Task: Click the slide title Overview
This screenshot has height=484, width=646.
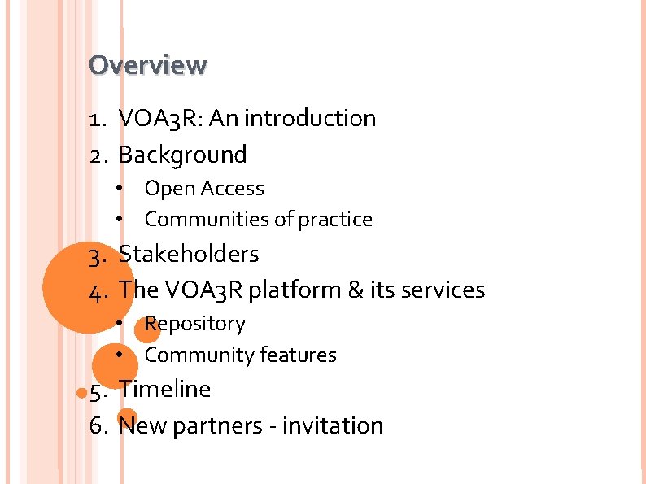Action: [148, 64]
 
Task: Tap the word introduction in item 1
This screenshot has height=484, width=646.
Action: [310, 119]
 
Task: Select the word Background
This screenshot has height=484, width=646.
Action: [182, 155]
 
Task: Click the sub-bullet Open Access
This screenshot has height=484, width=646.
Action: [204, 189]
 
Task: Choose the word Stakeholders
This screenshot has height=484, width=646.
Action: [189, 254]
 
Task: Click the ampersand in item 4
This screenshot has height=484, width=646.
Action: [356, 290]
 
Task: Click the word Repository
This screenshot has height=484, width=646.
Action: [194, 324]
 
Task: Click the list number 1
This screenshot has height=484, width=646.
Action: [96, 120]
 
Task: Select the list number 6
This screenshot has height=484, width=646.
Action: [98, 426]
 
